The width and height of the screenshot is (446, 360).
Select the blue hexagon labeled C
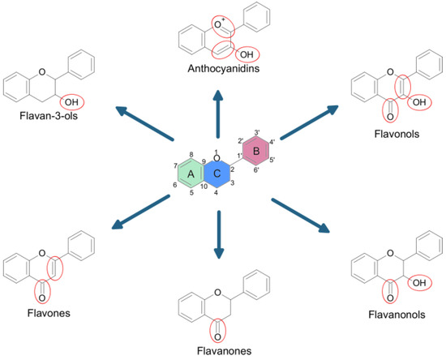point(217,173)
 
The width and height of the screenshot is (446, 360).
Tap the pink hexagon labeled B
point(253,150)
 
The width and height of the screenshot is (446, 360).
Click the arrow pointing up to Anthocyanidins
point(217,114)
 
